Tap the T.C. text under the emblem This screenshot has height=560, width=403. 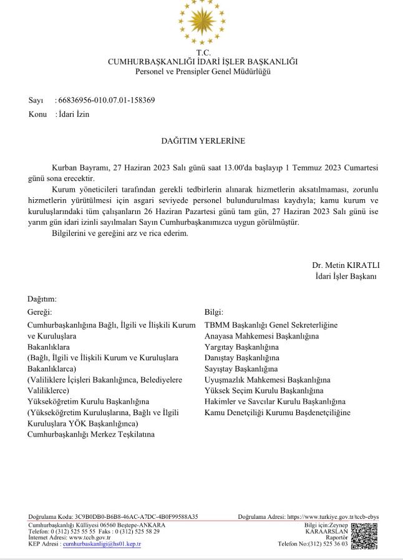coord(203,52)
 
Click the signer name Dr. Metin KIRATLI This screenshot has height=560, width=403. coord(346,265)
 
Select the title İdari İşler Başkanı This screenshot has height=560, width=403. coord(346,276)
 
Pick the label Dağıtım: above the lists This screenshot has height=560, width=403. coord(42,299)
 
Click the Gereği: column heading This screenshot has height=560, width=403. coord(40,312)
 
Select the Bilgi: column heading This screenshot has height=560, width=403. coord(214,312)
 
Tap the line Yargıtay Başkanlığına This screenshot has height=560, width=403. coord(241,346)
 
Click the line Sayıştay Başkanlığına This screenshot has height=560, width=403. coord(241,368)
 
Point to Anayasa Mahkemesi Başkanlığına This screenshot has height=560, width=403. coord(261,336)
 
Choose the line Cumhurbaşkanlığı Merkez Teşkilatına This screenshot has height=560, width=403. coord(91,434)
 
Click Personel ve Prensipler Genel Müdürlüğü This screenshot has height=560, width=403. coord(203,71)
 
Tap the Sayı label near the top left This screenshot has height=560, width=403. coord(36,100)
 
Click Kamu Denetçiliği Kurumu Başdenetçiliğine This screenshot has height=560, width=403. coord(277,412)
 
